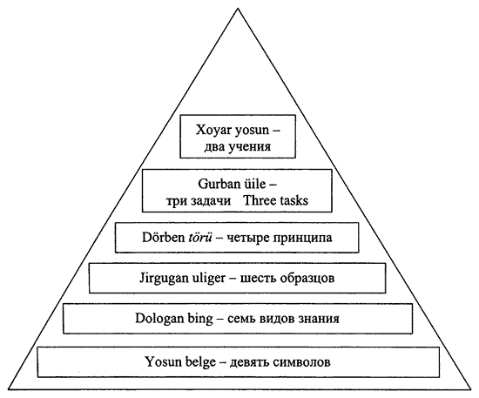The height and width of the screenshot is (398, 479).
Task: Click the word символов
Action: tap(302, 361)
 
